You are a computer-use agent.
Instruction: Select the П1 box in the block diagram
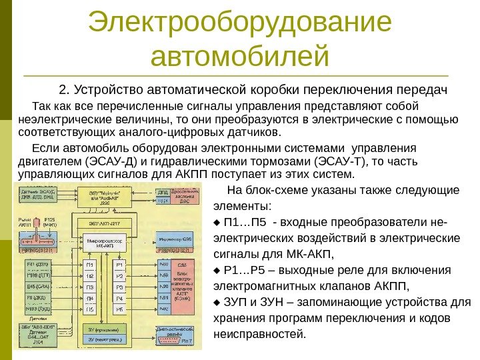click(x=89, y=265)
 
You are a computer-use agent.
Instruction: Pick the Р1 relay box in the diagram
click(x=119, y=265)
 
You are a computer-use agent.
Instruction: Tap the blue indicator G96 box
click(x=176, y=238)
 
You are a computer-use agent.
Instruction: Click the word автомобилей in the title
click(x=240, y=56)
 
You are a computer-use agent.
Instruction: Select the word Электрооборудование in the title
click(x=240, y=21)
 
